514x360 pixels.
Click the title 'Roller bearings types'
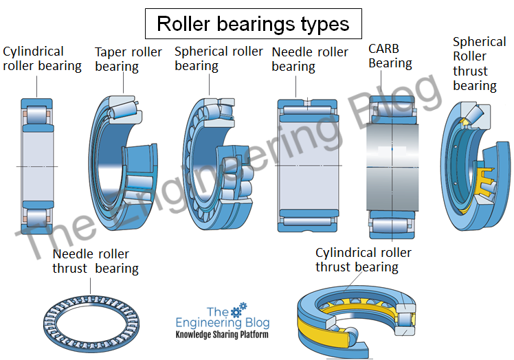[253, 24]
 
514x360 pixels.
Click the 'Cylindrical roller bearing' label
[42, 59]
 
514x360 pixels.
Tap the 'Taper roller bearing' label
[128, 60]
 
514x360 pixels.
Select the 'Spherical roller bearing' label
[219, 59]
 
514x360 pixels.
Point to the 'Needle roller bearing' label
[310, 60]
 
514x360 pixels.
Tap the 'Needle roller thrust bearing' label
[95, 261]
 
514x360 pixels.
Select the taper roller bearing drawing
[124, 161]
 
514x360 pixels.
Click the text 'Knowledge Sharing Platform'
[221, 335]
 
